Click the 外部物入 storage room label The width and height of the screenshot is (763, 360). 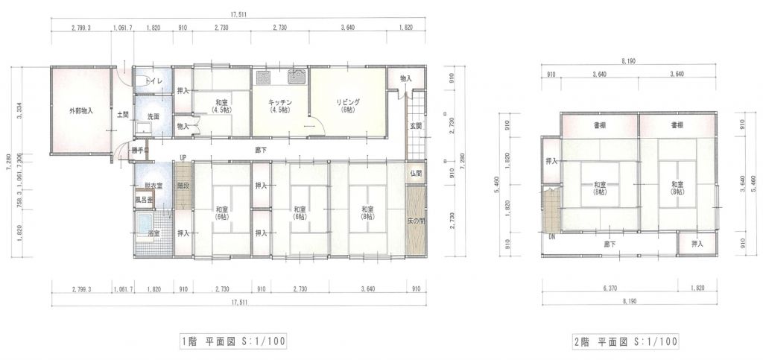pyautogui.click(x=81, y=111)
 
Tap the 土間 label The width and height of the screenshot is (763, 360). pyautogui.click(x=123, y=115)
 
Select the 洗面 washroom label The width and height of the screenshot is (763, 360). pyautogui.click(x=153, y=117)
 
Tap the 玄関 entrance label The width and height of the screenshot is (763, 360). pyautogui.click(x=416, y=126)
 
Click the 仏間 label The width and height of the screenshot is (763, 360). pyautogui.click(x=416, y=173)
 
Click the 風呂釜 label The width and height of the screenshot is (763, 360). pyautogui.click(x=144, y=200)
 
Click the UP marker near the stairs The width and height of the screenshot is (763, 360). pyautogui.click(x=183, y=157)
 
